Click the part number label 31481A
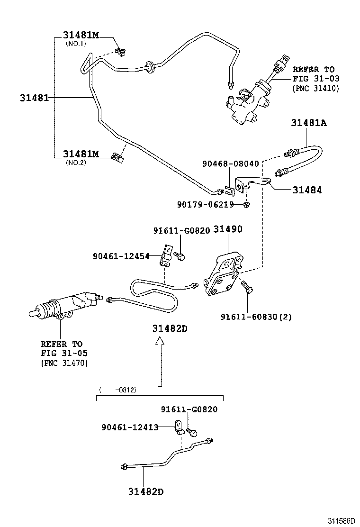coord(309,123)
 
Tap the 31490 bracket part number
coord(227,229)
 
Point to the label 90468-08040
coord(231,164)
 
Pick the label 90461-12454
coord(121,256)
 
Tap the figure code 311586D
coord(340,520)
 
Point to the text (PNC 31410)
coord(315,88)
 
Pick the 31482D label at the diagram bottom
coord(145,491)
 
